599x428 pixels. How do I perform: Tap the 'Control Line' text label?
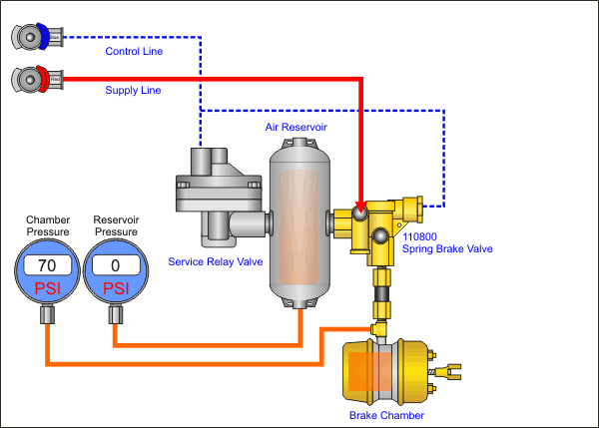134,50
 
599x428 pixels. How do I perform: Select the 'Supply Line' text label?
133,90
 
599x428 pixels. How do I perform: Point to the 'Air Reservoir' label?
296,128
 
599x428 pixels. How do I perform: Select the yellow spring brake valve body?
384,224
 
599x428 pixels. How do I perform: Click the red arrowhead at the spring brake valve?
359,206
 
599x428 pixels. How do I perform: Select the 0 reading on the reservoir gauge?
117,265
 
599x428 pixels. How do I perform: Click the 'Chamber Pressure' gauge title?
48,225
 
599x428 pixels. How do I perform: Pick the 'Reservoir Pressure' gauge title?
117,225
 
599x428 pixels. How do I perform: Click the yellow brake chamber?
384,371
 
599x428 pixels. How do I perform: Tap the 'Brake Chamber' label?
386,415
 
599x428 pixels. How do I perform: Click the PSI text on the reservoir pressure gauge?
117,288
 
